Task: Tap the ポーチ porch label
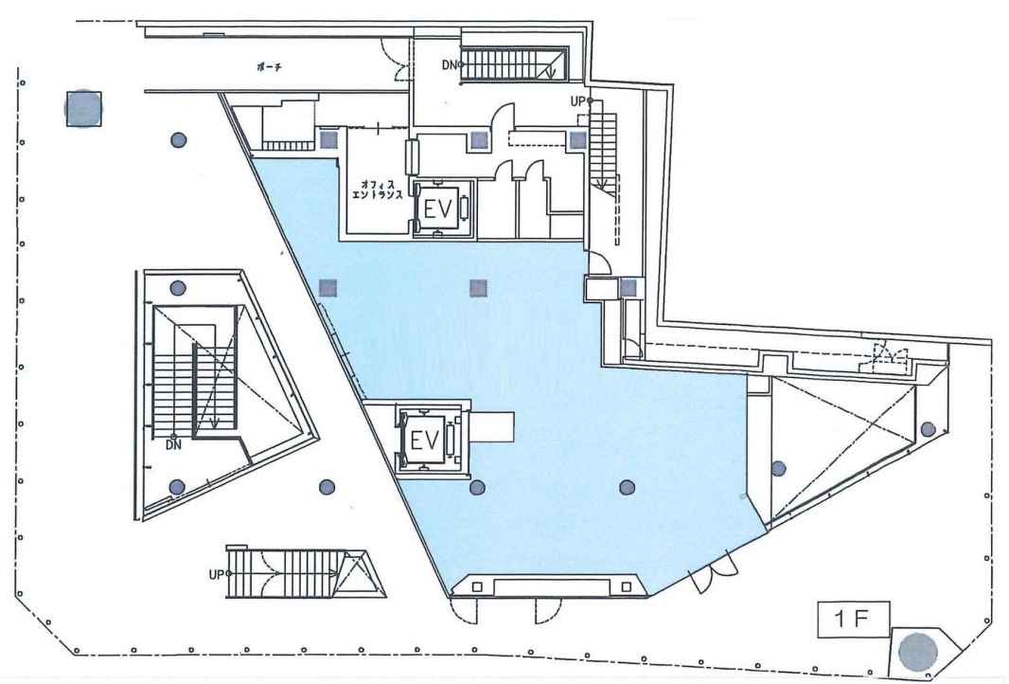(x=268, y=67)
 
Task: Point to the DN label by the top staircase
(x=451, y=65)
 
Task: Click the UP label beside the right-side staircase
(x=578, y=101)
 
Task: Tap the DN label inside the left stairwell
(x=174, y=444)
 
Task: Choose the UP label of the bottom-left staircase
(x=217, y=574)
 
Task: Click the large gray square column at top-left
(x=83, y=108)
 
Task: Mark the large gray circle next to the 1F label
(x=917, y=652)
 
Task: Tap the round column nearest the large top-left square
(x=179, y=139)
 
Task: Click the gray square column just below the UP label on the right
(x=577, y=140)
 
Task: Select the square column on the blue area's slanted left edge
(x=328, y=287)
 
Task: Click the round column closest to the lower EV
(x=477, y=488)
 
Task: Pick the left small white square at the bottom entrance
(x=477, y=586)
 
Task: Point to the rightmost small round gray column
(x=928, y=429)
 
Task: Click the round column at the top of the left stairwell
(x=178, y=287)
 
